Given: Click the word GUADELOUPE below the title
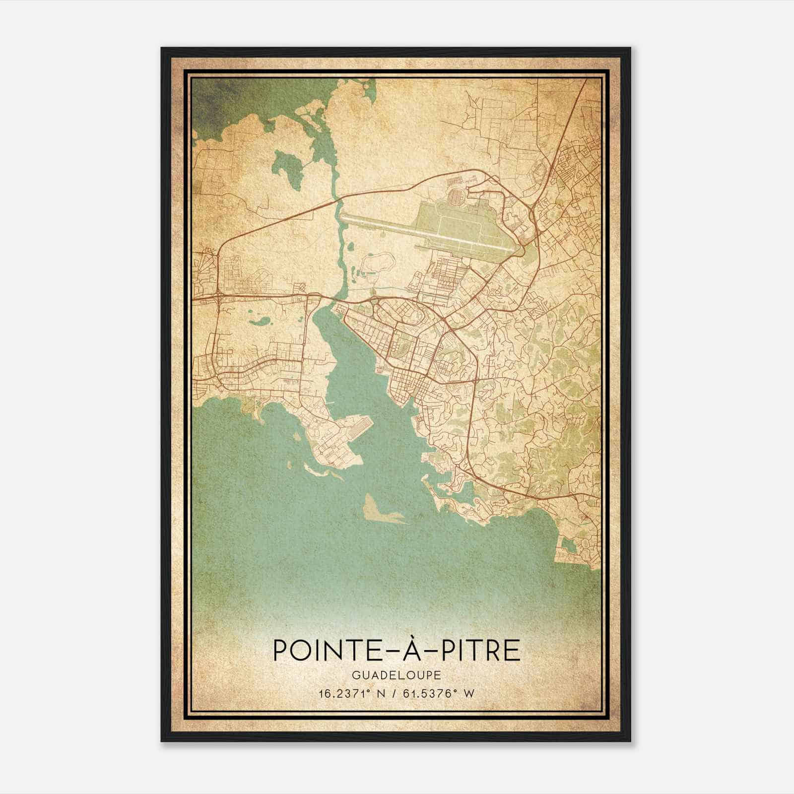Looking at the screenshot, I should (397, 676).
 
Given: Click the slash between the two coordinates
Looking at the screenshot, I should (397, 694).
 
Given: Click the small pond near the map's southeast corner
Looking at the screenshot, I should (570, 546).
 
